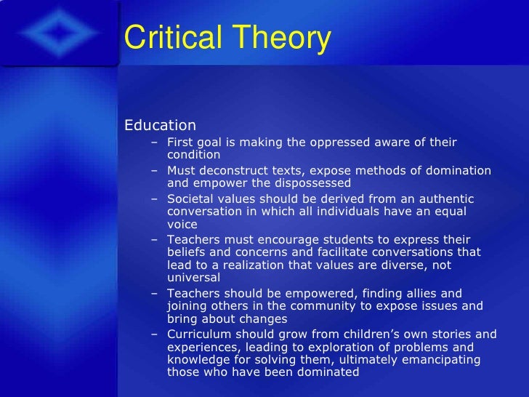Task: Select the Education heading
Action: click(x=160, y=126)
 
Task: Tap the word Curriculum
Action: click(x=198, y=334)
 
